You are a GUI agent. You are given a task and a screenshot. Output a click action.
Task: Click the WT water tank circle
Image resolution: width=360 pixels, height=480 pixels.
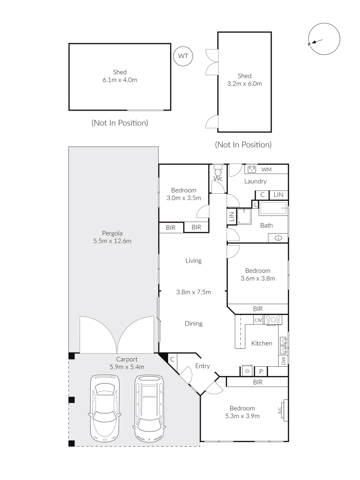(x=183, y=56)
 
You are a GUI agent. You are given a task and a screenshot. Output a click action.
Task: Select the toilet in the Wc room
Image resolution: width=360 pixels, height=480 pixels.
(x=217, y=171)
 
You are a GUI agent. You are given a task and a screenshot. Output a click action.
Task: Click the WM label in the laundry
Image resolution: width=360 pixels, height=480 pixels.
(x=266, y=169)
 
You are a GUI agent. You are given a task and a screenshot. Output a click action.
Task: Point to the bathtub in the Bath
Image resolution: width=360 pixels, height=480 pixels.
(x=273, y=208)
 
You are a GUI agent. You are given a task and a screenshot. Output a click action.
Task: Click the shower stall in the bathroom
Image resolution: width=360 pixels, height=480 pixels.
(x=244, y=216)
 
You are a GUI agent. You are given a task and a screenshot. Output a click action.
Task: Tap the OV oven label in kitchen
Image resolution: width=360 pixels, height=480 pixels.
(x=258, y=320)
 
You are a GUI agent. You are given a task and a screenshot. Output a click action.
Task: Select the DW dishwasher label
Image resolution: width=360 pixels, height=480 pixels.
(x=284, y=360)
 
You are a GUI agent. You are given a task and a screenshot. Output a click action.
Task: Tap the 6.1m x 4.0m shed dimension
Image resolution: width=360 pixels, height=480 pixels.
(x=120, y=80)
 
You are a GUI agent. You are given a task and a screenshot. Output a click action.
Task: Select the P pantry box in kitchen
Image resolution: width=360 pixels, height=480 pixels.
(x=261, y=371)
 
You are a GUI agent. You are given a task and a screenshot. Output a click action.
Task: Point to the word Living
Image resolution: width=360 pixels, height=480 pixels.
(x=193, y=261)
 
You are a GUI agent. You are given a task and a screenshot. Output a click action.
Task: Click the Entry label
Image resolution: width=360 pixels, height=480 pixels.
(x=202, y=366)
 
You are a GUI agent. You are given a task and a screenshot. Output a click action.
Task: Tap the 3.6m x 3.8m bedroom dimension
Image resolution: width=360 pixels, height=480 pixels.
(x=258, y=279)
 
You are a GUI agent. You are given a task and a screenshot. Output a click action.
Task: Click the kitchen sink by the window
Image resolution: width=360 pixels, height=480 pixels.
(x=283, y=341)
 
